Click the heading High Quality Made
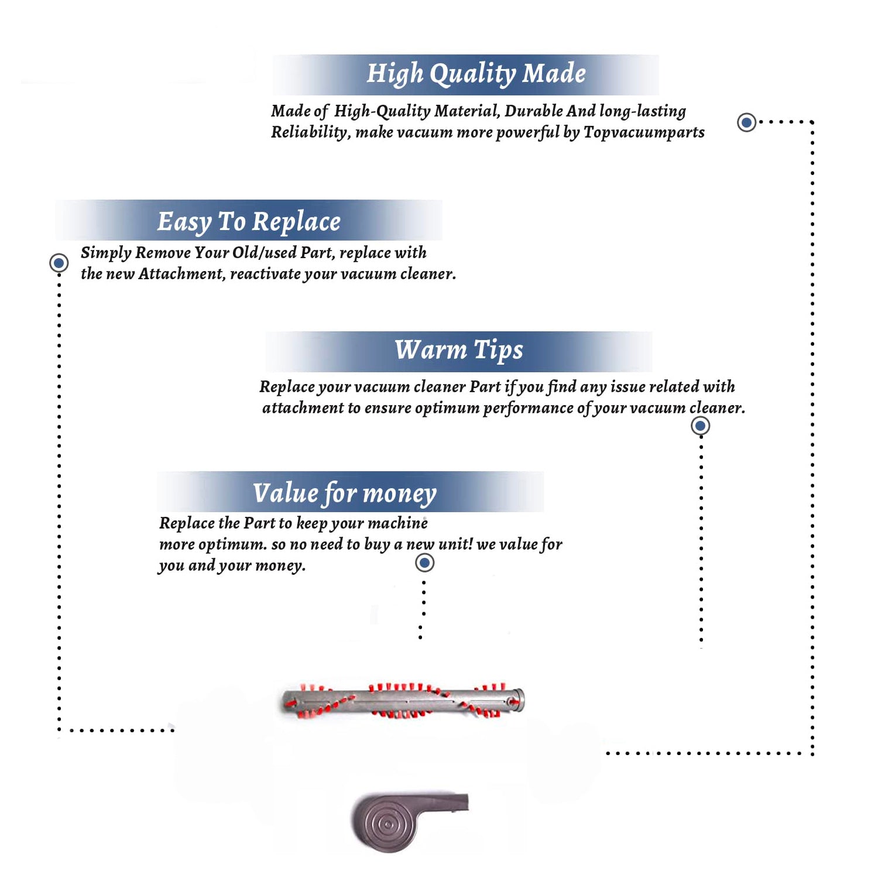click(x=476, y=74)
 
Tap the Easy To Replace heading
click(x=249, y=222)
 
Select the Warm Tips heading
click(x=459, y=351)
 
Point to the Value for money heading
click(x=345, y=493)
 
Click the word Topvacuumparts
click(x=644, y=133)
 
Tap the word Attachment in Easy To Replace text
click(x=182, y=274)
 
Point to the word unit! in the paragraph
click(x=455, y=544)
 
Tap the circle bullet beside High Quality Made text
click(x=746, y=122)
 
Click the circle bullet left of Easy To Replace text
click(x=59, y=263)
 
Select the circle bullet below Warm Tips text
click(x=700, y=426)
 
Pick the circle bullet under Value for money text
click(x=424, y=563)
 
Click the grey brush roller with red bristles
click(x=403, y=700)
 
